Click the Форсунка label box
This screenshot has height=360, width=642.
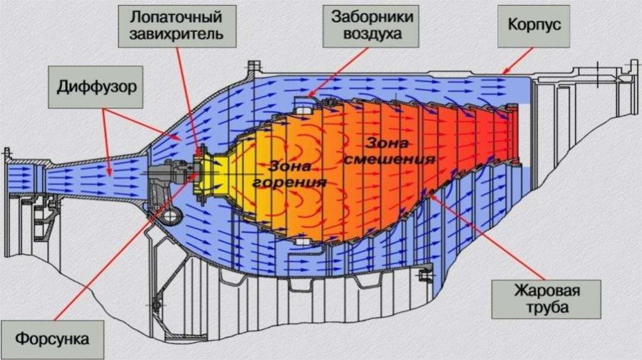click(x=51, y=339)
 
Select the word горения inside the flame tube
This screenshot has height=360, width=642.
click(x=289, y=183)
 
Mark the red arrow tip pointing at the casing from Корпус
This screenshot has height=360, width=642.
click(x=503, y=73)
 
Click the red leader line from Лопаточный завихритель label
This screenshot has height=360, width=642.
click(x=188, y=94)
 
